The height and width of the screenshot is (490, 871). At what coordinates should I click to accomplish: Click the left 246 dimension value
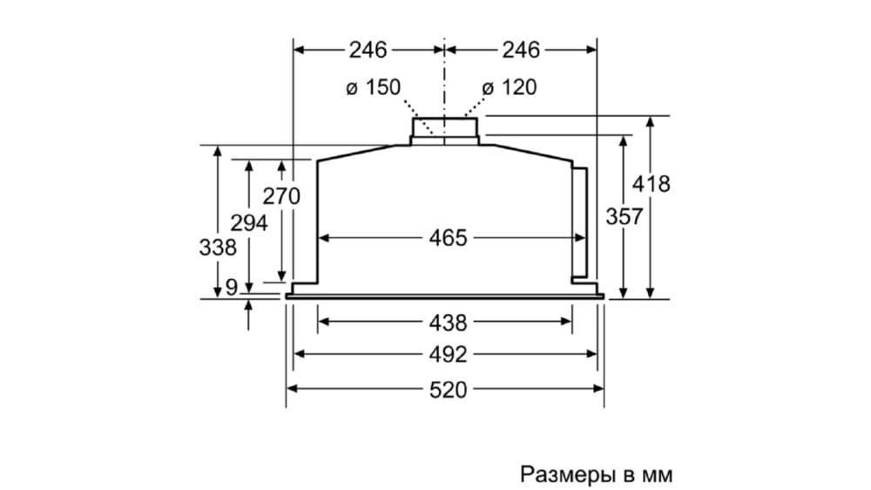[368, 50]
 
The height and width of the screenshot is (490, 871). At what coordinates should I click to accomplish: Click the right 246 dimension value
[521, 50]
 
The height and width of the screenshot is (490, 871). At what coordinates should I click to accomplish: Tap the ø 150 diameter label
[372, 87]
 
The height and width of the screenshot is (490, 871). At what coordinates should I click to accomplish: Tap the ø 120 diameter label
[510, 87]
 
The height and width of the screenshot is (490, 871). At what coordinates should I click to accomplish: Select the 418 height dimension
[651, 184]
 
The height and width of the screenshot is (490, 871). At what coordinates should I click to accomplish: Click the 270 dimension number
[281, 196]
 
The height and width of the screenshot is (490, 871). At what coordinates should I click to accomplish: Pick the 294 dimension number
[249, 223]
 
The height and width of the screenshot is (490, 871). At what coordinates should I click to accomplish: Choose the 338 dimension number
[218, 248]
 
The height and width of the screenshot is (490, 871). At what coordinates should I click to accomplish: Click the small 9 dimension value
[231, 286]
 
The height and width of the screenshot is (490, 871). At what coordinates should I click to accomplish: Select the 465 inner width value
[449, 237]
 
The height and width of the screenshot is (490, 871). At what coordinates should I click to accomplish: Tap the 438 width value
[449, 323]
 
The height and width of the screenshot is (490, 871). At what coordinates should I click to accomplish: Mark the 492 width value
[449, 355]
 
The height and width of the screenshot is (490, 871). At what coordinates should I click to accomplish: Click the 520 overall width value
[449, 389]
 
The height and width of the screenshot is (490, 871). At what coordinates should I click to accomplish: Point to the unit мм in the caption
[657, 475]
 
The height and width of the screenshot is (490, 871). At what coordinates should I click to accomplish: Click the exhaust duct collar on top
[445, 129]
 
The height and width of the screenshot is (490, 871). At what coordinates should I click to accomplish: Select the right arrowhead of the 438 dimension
[567, 323]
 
